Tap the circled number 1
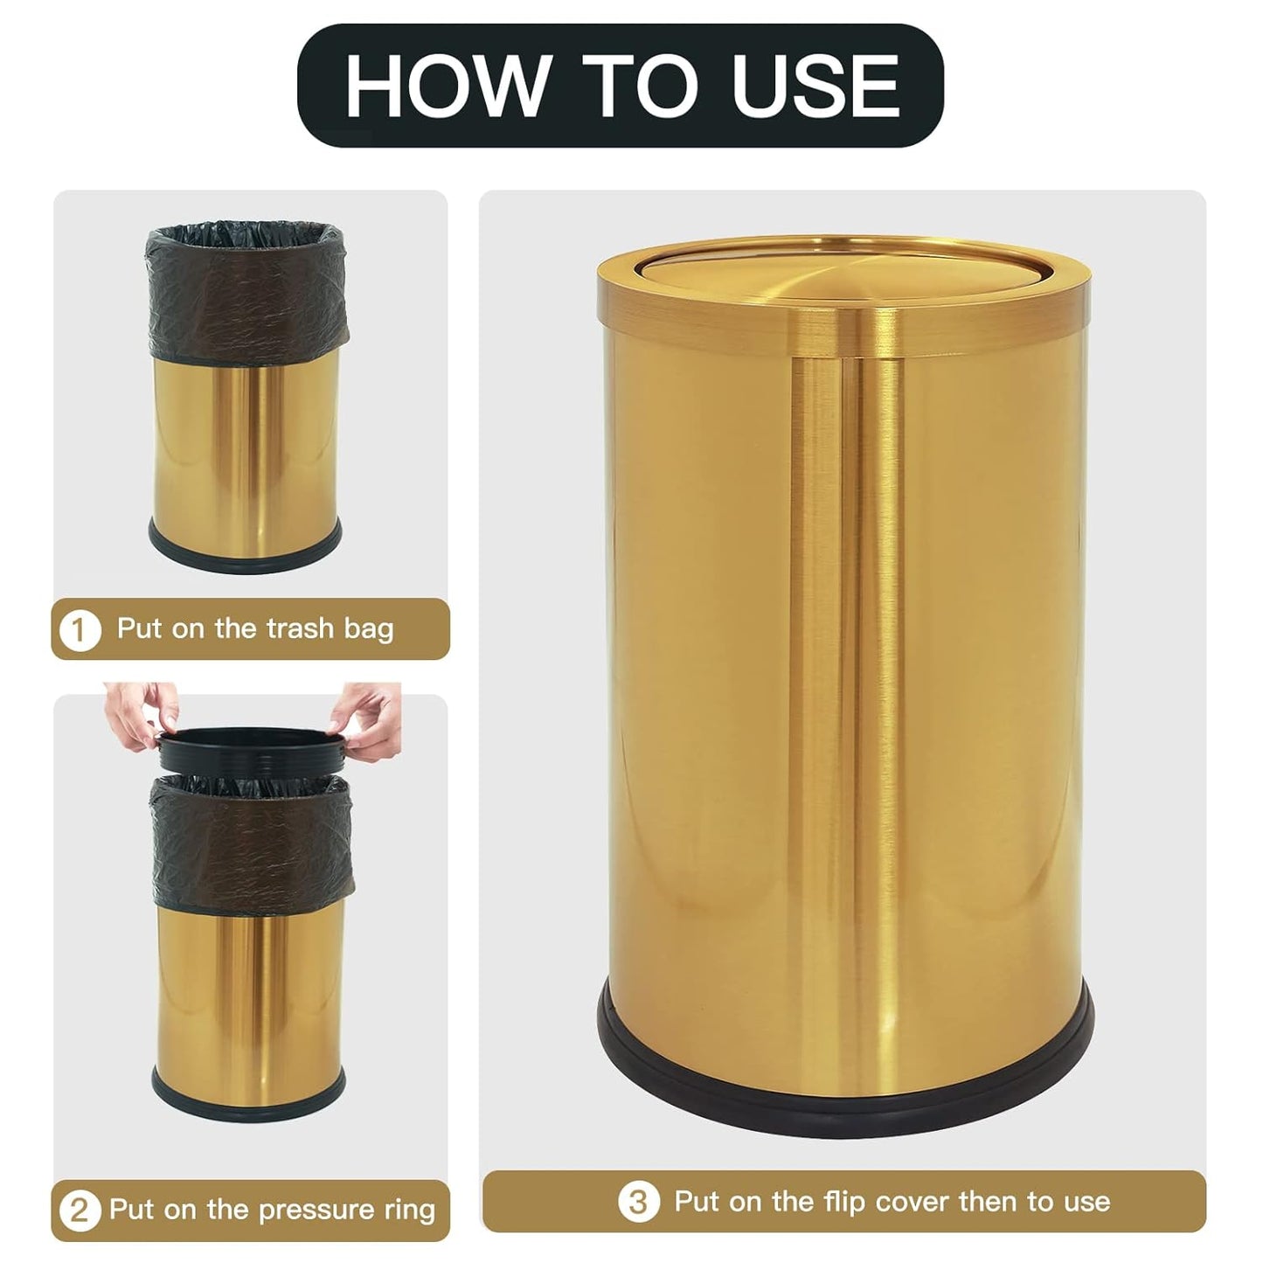[80, 629]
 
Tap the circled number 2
[80, 1211]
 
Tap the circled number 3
[639, 1202]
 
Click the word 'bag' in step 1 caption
[368, 628]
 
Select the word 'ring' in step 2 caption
[409, 1211]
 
